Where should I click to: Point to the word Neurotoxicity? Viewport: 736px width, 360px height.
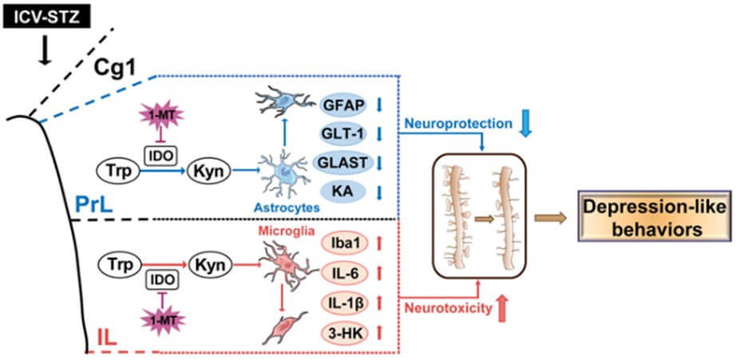tap(446, 306)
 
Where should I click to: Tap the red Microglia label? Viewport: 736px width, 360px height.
tap(279, 230)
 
